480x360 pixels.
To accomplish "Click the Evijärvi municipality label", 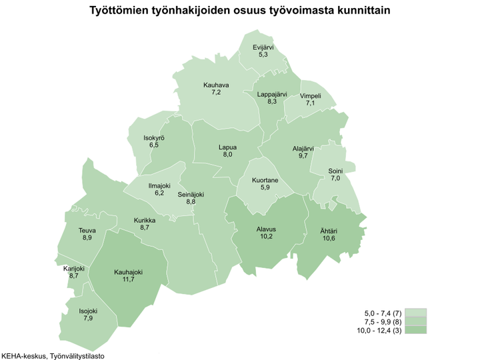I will point(263,47).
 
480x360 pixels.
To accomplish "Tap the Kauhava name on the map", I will point(216,85).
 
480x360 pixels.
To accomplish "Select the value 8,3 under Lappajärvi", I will point(272,102).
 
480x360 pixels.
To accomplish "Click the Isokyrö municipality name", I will point(154,137).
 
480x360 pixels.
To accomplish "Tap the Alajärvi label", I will point(303,148).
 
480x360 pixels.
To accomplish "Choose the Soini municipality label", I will point(335,171).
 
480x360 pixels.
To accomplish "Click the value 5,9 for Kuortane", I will point(265,188).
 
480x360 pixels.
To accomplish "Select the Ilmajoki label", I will point(159,185).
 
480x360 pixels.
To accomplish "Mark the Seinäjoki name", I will point(191,194).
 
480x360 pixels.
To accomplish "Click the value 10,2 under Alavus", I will point(266,237).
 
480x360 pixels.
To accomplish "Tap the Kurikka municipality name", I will point(145,220).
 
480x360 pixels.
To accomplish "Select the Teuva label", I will point(87,231).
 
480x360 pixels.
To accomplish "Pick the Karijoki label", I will point(73,268).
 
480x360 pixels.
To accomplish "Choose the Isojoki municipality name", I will point(87,310).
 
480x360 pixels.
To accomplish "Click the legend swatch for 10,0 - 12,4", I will point(416,329).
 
